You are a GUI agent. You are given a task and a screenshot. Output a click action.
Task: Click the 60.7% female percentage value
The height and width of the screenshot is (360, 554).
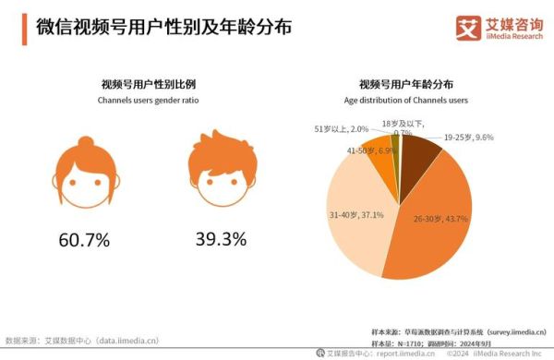pyautogui.click(x=84, y=241)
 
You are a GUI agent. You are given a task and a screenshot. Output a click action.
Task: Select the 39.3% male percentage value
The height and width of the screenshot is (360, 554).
pyautogui.click(x=221, y=240)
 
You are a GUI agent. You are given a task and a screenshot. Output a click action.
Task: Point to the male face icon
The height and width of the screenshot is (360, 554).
pyautogui.click(x=221, y=172)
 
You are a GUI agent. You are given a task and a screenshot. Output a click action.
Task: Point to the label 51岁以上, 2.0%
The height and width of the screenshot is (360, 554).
pyautogui.click(x=343, y=129)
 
